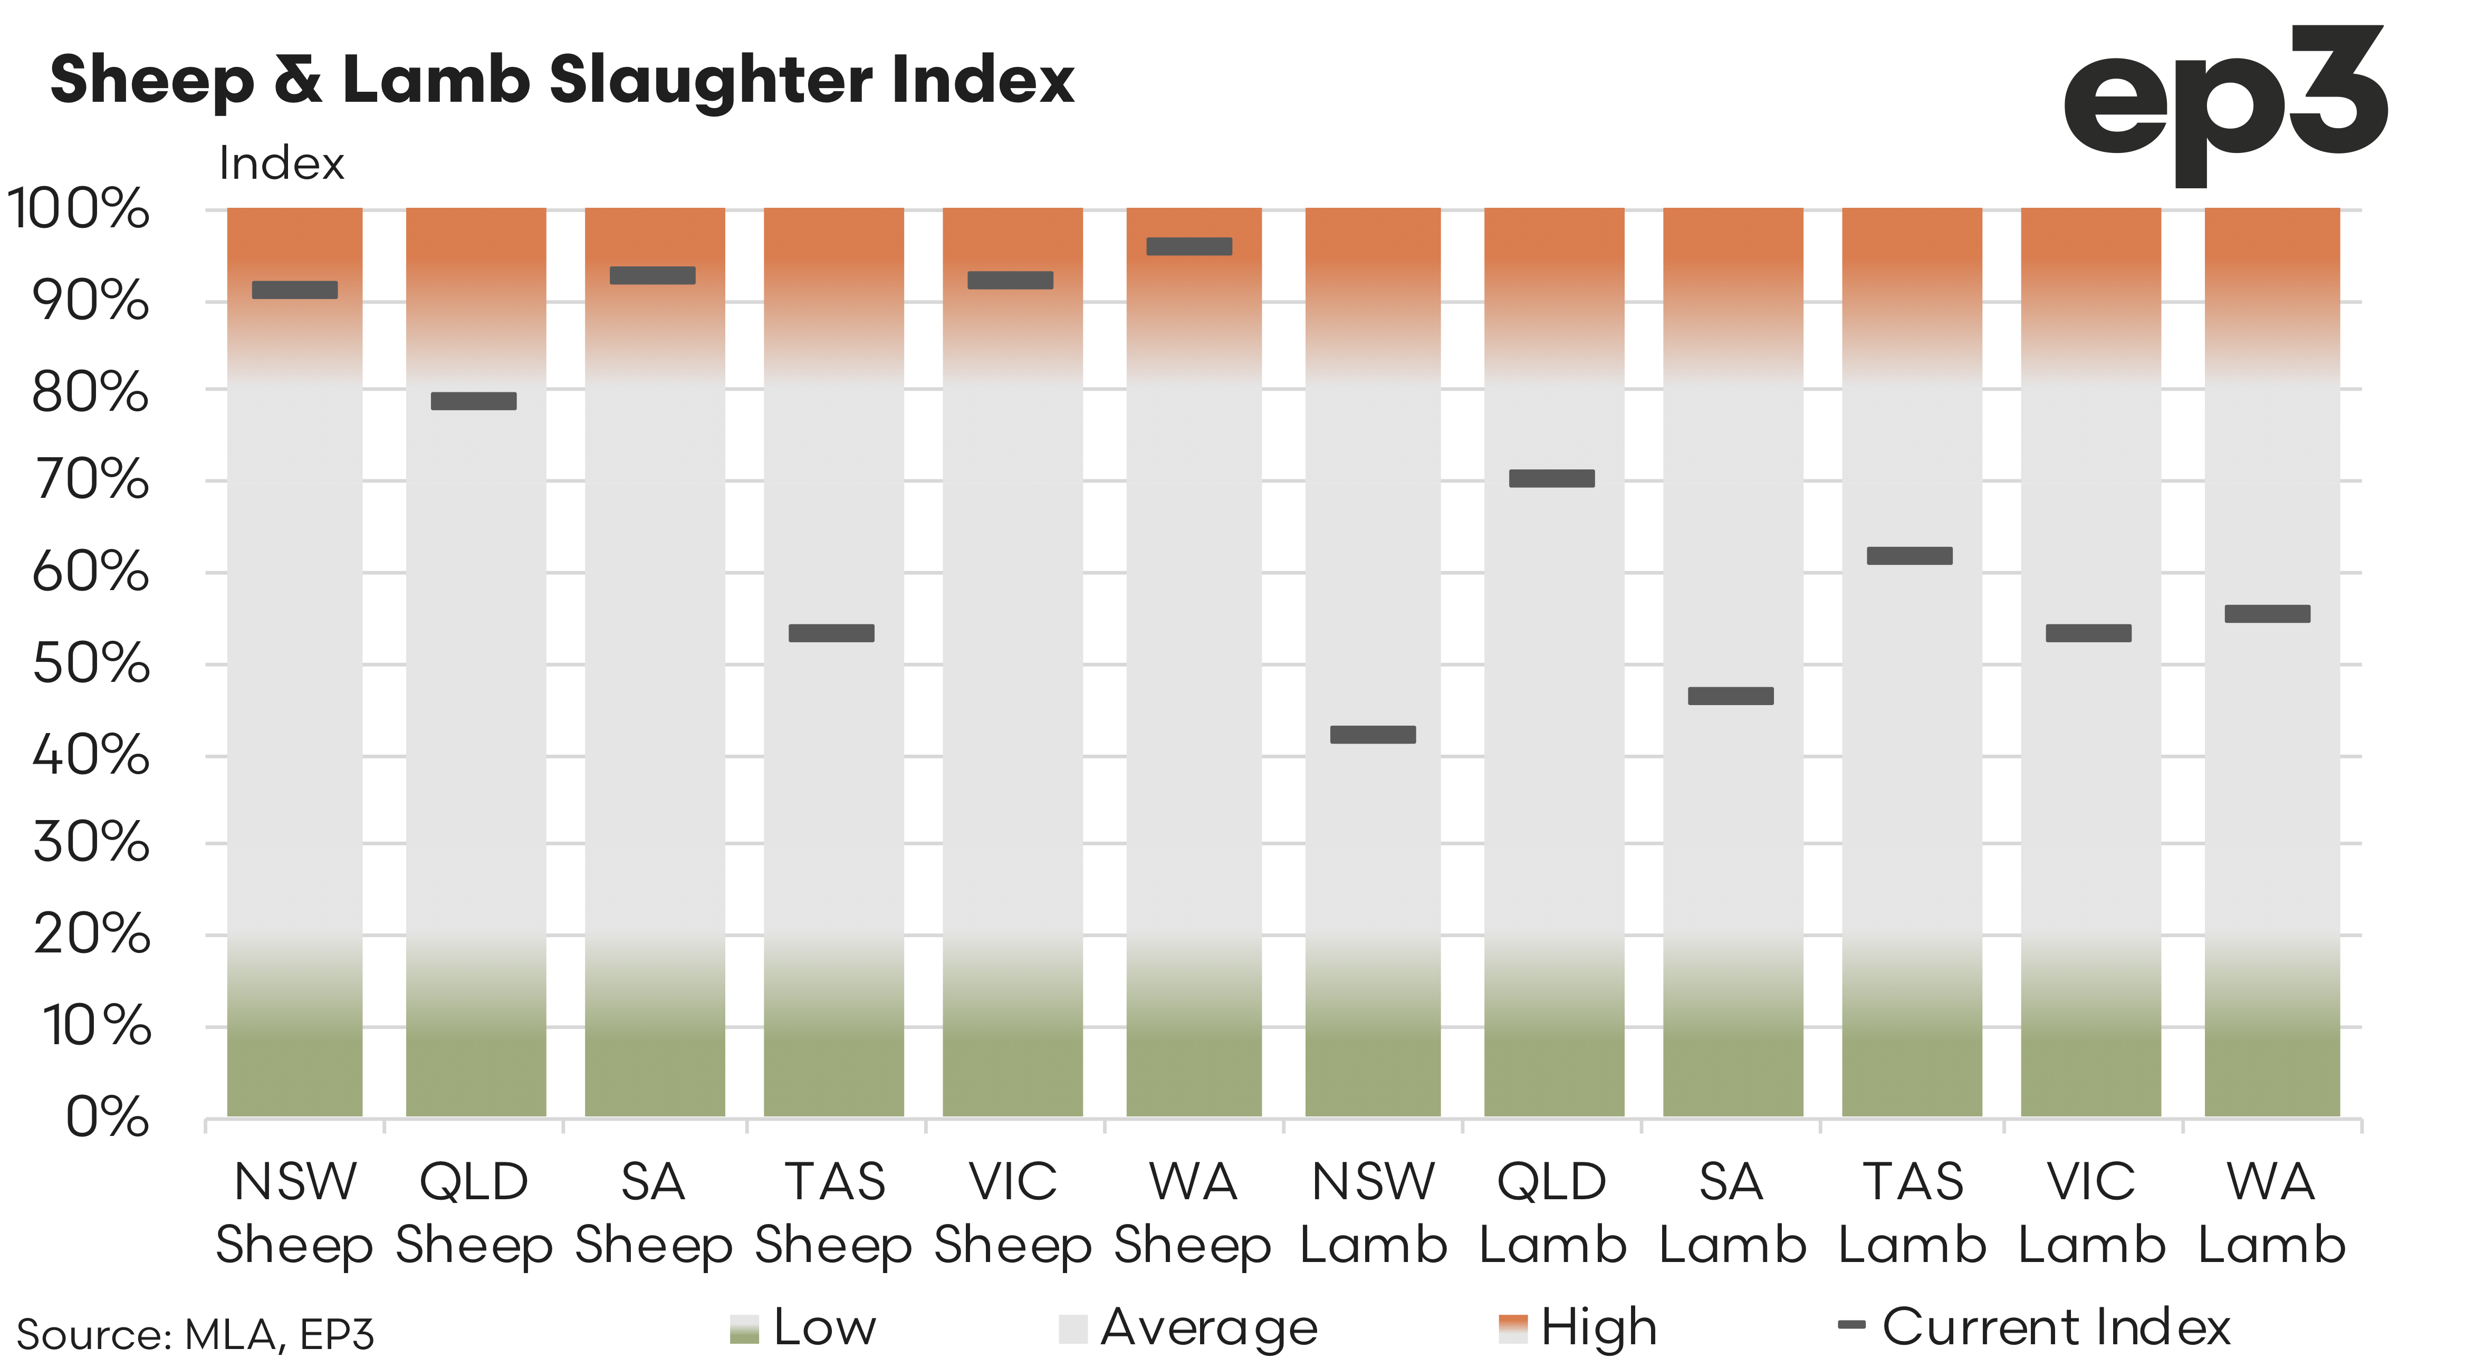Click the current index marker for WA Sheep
1189,246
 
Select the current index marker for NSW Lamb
1373,734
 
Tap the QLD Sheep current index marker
474,401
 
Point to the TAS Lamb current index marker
1910,555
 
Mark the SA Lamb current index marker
1731,696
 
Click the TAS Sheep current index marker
831,633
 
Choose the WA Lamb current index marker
2267,614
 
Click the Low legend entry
804,1328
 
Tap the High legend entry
1579,1328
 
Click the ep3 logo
2225,105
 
